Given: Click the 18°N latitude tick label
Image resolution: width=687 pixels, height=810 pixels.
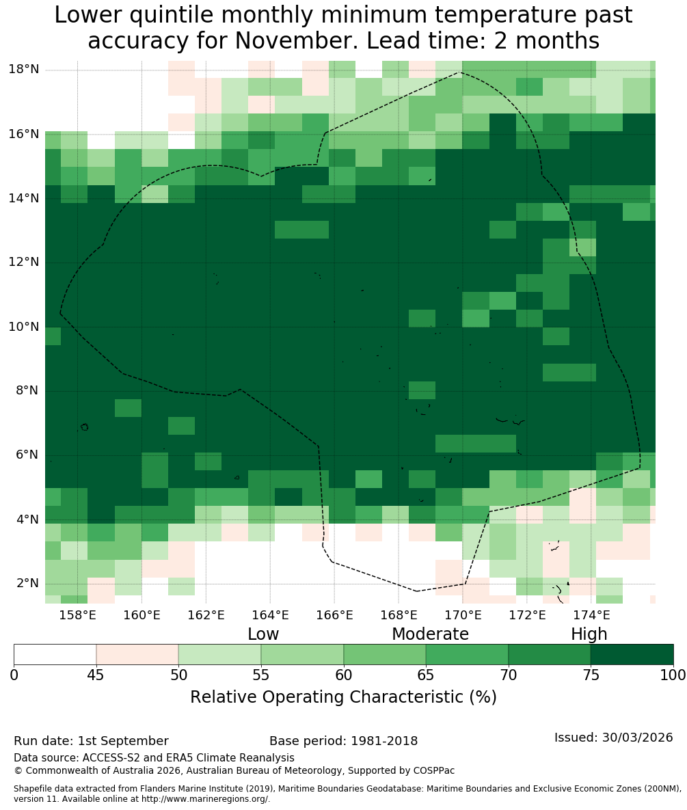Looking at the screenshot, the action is coord(24,69).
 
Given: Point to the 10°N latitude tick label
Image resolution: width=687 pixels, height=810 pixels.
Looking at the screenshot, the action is coord(24,327).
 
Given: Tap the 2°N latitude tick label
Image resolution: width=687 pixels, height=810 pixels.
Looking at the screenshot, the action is coord(27,583).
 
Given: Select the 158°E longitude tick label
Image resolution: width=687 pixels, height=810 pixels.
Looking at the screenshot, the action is coord(78,615).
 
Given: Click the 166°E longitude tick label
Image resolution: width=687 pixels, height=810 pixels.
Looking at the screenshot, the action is coord(334,615).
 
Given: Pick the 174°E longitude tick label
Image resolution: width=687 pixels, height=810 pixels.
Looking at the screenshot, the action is coord(591,615).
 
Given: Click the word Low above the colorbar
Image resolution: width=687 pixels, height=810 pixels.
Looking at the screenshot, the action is coord(263,634).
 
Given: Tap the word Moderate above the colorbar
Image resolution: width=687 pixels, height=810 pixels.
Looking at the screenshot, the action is coord(430,634).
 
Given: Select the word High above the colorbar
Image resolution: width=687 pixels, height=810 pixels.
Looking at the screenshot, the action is coord(589,634).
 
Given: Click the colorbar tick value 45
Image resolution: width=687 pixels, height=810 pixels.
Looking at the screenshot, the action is coord(96,675).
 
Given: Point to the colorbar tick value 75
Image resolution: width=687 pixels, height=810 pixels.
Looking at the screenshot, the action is coord(591,675).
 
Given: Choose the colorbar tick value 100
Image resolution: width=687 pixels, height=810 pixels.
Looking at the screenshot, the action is coord(673,675).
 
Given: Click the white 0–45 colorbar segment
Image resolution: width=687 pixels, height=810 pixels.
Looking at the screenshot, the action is coord(55,655).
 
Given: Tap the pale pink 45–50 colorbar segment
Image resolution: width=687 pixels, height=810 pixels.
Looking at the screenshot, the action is coord(137,655).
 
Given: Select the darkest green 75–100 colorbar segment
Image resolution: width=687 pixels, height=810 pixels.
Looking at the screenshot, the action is coord(632,655).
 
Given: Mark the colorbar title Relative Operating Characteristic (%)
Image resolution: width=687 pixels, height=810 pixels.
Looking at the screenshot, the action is coord(343,697).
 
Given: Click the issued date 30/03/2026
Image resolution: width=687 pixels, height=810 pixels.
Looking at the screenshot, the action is coord(637,737).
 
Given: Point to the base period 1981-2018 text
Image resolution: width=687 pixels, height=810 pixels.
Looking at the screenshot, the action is coord(384,741).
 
